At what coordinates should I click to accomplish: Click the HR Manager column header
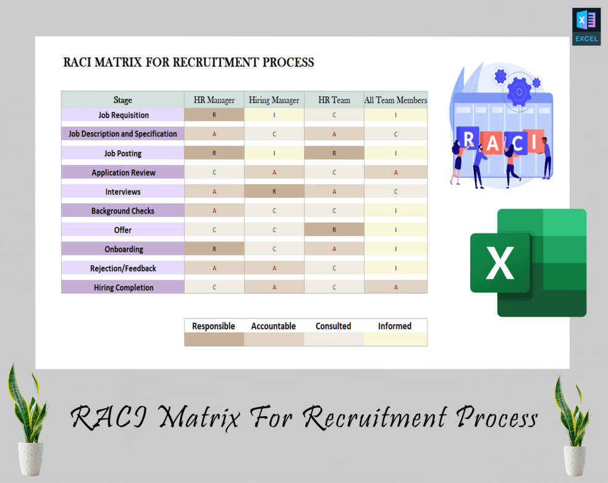click(x=214, y=100)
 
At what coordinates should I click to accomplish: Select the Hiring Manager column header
click(x=274, y=100)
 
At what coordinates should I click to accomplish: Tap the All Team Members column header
click(x=395, y=100)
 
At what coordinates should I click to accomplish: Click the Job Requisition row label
click(x=123, y=115)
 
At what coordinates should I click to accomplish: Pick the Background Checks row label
click(x=123, y=211)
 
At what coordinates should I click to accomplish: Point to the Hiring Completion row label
click(x=123, y=287)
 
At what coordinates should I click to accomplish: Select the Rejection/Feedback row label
click(x=123, y=268)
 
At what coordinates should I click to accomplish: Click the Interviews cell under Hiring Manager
click(x=274, y=191)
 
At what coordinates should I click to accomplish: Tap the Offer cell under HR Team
click(x=334, y=230)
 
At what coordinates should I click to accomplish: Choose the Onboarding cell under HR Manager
click(x=214, y=249)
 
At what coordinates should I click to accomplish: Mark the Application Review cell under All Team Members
click(x=395, y=172)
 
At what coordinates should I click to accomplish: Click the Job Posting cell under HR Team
click(x=334, y=153)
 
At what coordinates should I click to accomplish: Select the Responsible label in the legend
click(x=214, y=326)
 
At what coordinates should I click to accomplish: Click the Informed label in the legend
click(x=395, y=326)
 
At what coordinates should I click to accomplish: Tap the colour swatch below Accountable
click(x=274, y=339)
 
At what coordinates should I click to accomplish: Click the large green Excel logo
click(x=528, y=262)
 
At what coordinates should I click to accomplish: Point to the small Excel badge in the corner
click(x=586, y=27)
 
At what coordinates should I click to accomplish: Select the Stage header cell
click(x=123, y=100)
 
